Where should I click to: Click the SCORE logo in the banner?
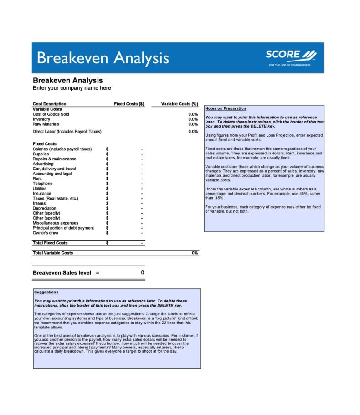click(x=291, y=57)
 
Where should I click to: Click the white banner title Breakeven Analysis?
click(x=103, y=58)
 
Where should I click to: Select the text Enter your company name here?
click(x=72, y=88)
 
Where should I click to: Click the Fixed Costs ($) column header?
click(x=129, y=104)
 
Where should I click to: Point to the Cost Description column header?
click(x=49, y=104)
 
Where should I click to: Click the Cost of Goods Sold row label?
click(x=51, y=114)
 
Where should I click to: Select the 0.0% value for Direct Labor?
click(x=193, y=132)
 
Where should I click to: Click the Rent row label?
click(x=37, y=179)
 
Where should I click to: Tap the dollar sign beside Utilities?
click(x=107, y=189)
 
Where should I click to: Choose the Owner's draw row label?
click(x=46, y=233)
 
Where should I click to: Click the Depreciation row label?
click(x=45, y=208)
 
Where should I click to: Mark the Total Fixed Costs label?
click(x=50, y=243)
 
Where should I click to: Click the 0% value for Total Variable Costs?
click(x=195, y=253)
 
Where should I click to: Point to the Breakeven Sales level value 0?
click(x=142, y=272)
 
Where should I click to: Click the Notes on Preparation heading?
click(x=226, y=108)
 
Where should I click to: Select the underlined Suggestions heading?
click(x=46, y=292)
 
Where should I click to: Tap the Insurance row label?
click(x=42, y=193)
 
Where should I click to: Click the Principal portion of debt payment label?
click(x=63, y=228)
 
